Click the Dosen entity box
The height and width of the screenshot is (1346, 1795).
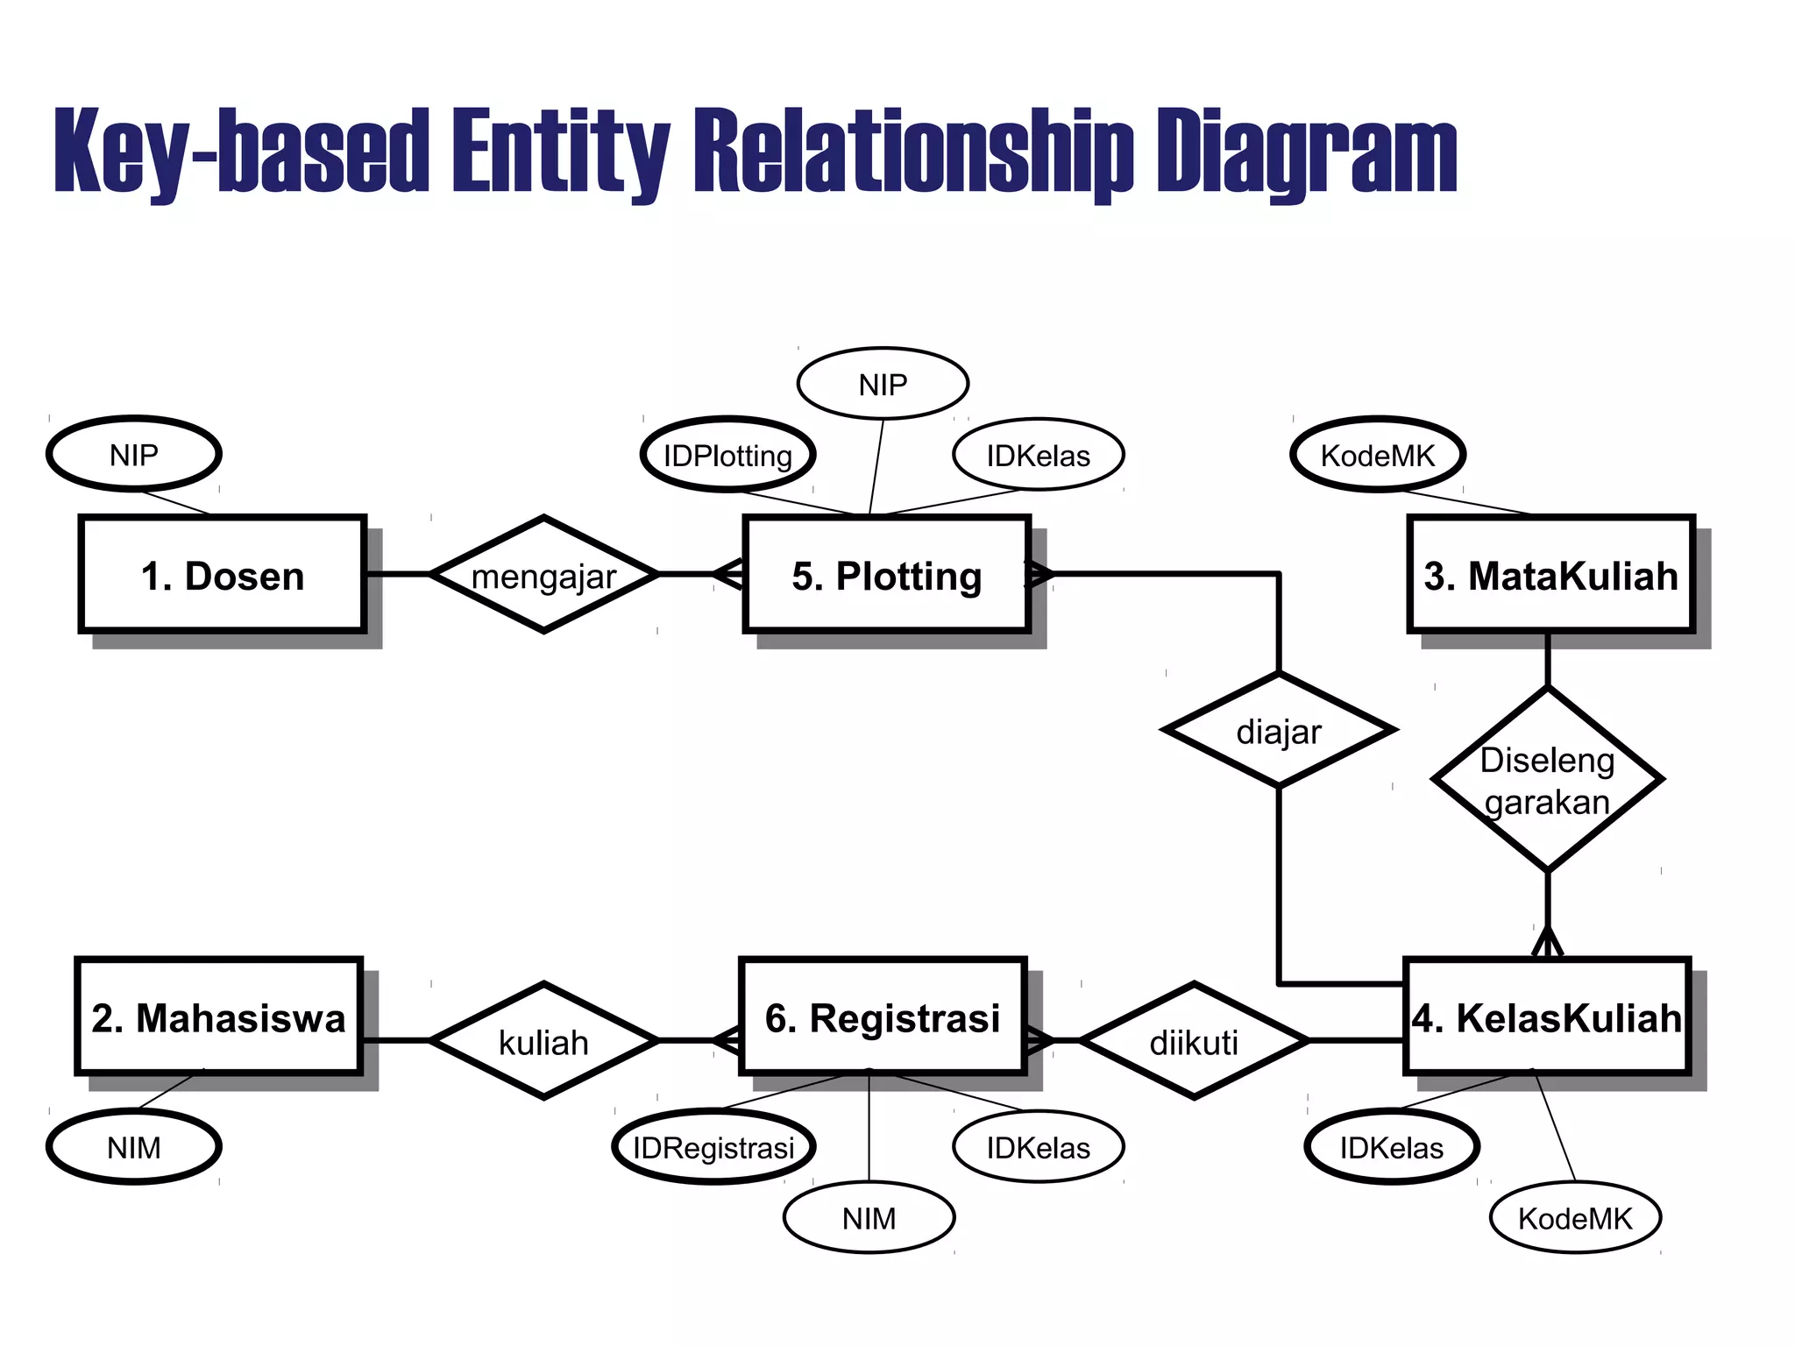(x=222, y=575)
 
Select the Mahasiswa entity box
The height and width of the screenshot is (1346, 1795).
(x=218, y=1017)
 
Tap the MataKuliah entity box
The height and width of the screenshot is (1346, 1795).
(x=1550, y=575)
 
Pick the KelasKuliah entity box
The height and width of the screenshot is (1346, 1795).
(x=1546, y=1017)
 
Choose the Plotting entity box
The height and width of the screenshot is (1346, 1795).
(x=886, y=575)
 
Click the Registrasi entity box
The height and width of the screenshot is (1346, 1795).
(x=882, y=1017)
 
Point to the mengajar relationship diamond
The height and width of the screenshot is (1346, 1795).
(x=543, y=575)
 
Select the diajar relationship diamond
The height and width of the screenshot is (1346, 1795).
(x=1279, y=730)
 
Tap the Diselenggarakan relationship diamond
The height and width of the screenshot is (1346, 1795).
(x=1547, y=780)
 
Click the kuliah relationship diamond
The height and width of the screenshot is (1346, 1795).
(x=543, y=1041)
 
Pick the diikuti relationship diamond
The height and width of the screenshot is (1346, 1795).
(x=1194, y=1041)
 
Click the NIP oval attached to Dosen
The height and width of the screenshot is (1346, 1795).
(x=133, y=454)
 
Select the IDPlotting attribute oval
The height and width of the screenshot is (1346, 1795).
(x=727, y=455)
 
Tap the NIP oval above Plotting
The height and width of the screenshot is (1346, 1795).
(x=883, y=384)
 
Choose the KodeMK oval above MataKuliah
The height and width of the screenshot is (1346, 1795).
(x=1377, y=455)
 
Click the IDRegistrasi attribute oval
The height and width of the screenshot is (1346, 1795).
(x=713, y=1147)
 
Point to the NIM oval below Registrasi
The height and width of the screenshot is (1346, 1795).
(x=869, y=1218)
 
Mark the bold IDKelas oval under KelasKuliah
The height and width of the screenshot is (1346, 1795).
(x=1391, y=1147)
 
